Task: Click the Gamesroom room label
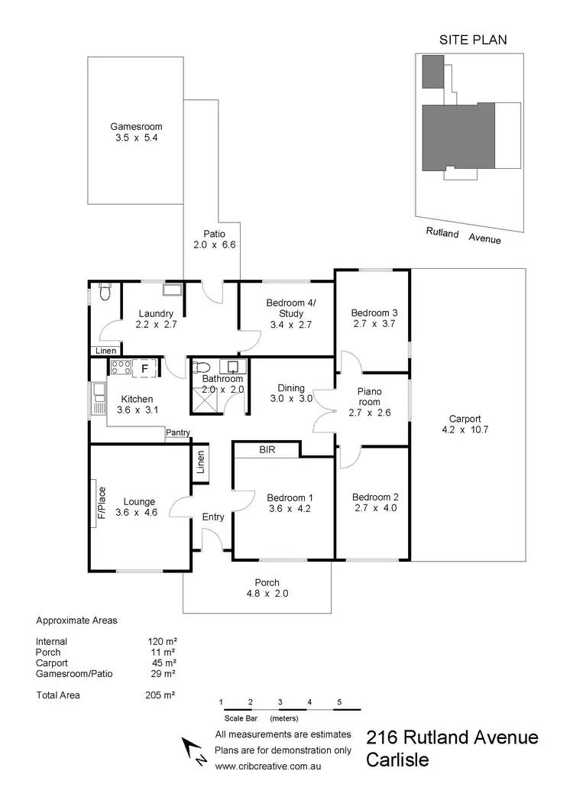[136, 127]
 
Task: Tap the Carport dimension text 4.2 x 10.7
[465, 429]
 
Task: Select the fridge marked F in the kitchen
[144, 368]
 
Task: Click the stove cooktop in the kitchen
[120, 368]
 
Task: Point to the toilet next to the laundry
[105, 290]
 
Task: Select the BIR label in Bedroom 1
[267, 451]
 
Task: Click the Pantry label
[178, 433]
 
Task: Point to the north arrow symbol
[192, 749]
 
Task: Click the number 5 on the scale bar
[338, 701]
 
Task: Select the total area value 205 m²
[161, 695]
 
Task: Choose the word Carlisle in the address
[397, 760]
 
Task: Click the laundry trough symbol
[172, 290]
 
